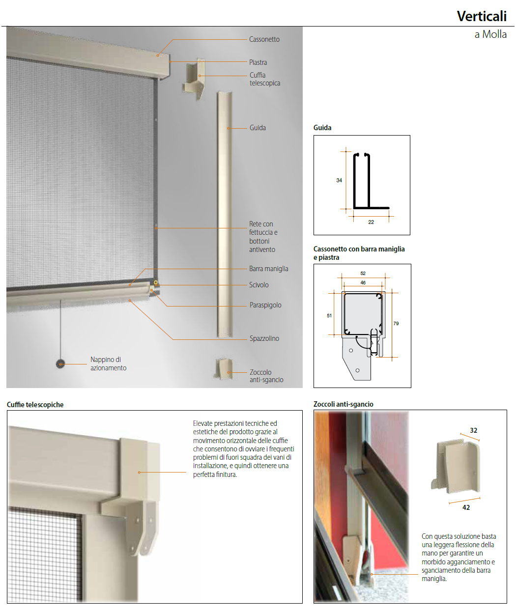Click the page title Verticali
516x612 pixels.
click(x=482, y=16)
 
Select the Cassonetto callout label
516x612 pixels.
click(x=264, y=39)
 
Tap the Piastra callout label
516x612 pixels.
click(x=258, y=62)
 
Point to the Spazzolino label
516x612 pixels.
click(x=264, y=338)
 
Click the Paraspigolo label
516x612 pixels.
click(x=265, y=305)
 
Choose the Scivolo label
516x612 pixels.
click(x=258, y=284)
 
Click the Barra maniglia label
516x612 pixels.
click(x=268, y=269)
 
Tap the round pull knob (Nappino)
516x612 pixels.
click(x=60, y=364)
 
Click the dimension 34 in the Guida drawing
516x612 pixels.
click(x=339, y=180)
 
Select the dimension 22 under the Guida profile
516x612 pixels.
click(x=371, y=222)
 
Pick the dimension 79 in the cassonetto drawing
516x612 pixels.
click(x=396, y=323)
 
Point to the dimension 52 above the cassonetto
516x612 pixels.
click(x=363, y=273)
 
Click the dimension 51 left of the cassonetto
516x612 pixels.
click(x=329, y=315)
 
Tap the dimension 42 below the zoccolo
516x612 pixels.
click(x=466, y=507)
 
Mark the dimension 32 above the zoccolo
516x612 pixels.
click(x=473, y=430)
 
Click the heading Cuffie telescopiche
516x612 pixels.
click(x=35, y=405)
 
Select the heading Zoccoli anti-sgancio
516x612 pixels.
click(x=343, y=404)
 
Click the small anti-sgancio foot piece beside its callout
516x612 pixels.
click(x=224, y=368)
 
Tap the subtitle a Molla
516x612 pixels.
click(x=490, y=34)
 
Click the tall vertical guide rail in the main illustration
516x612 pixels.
click(x=225, y=215)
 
